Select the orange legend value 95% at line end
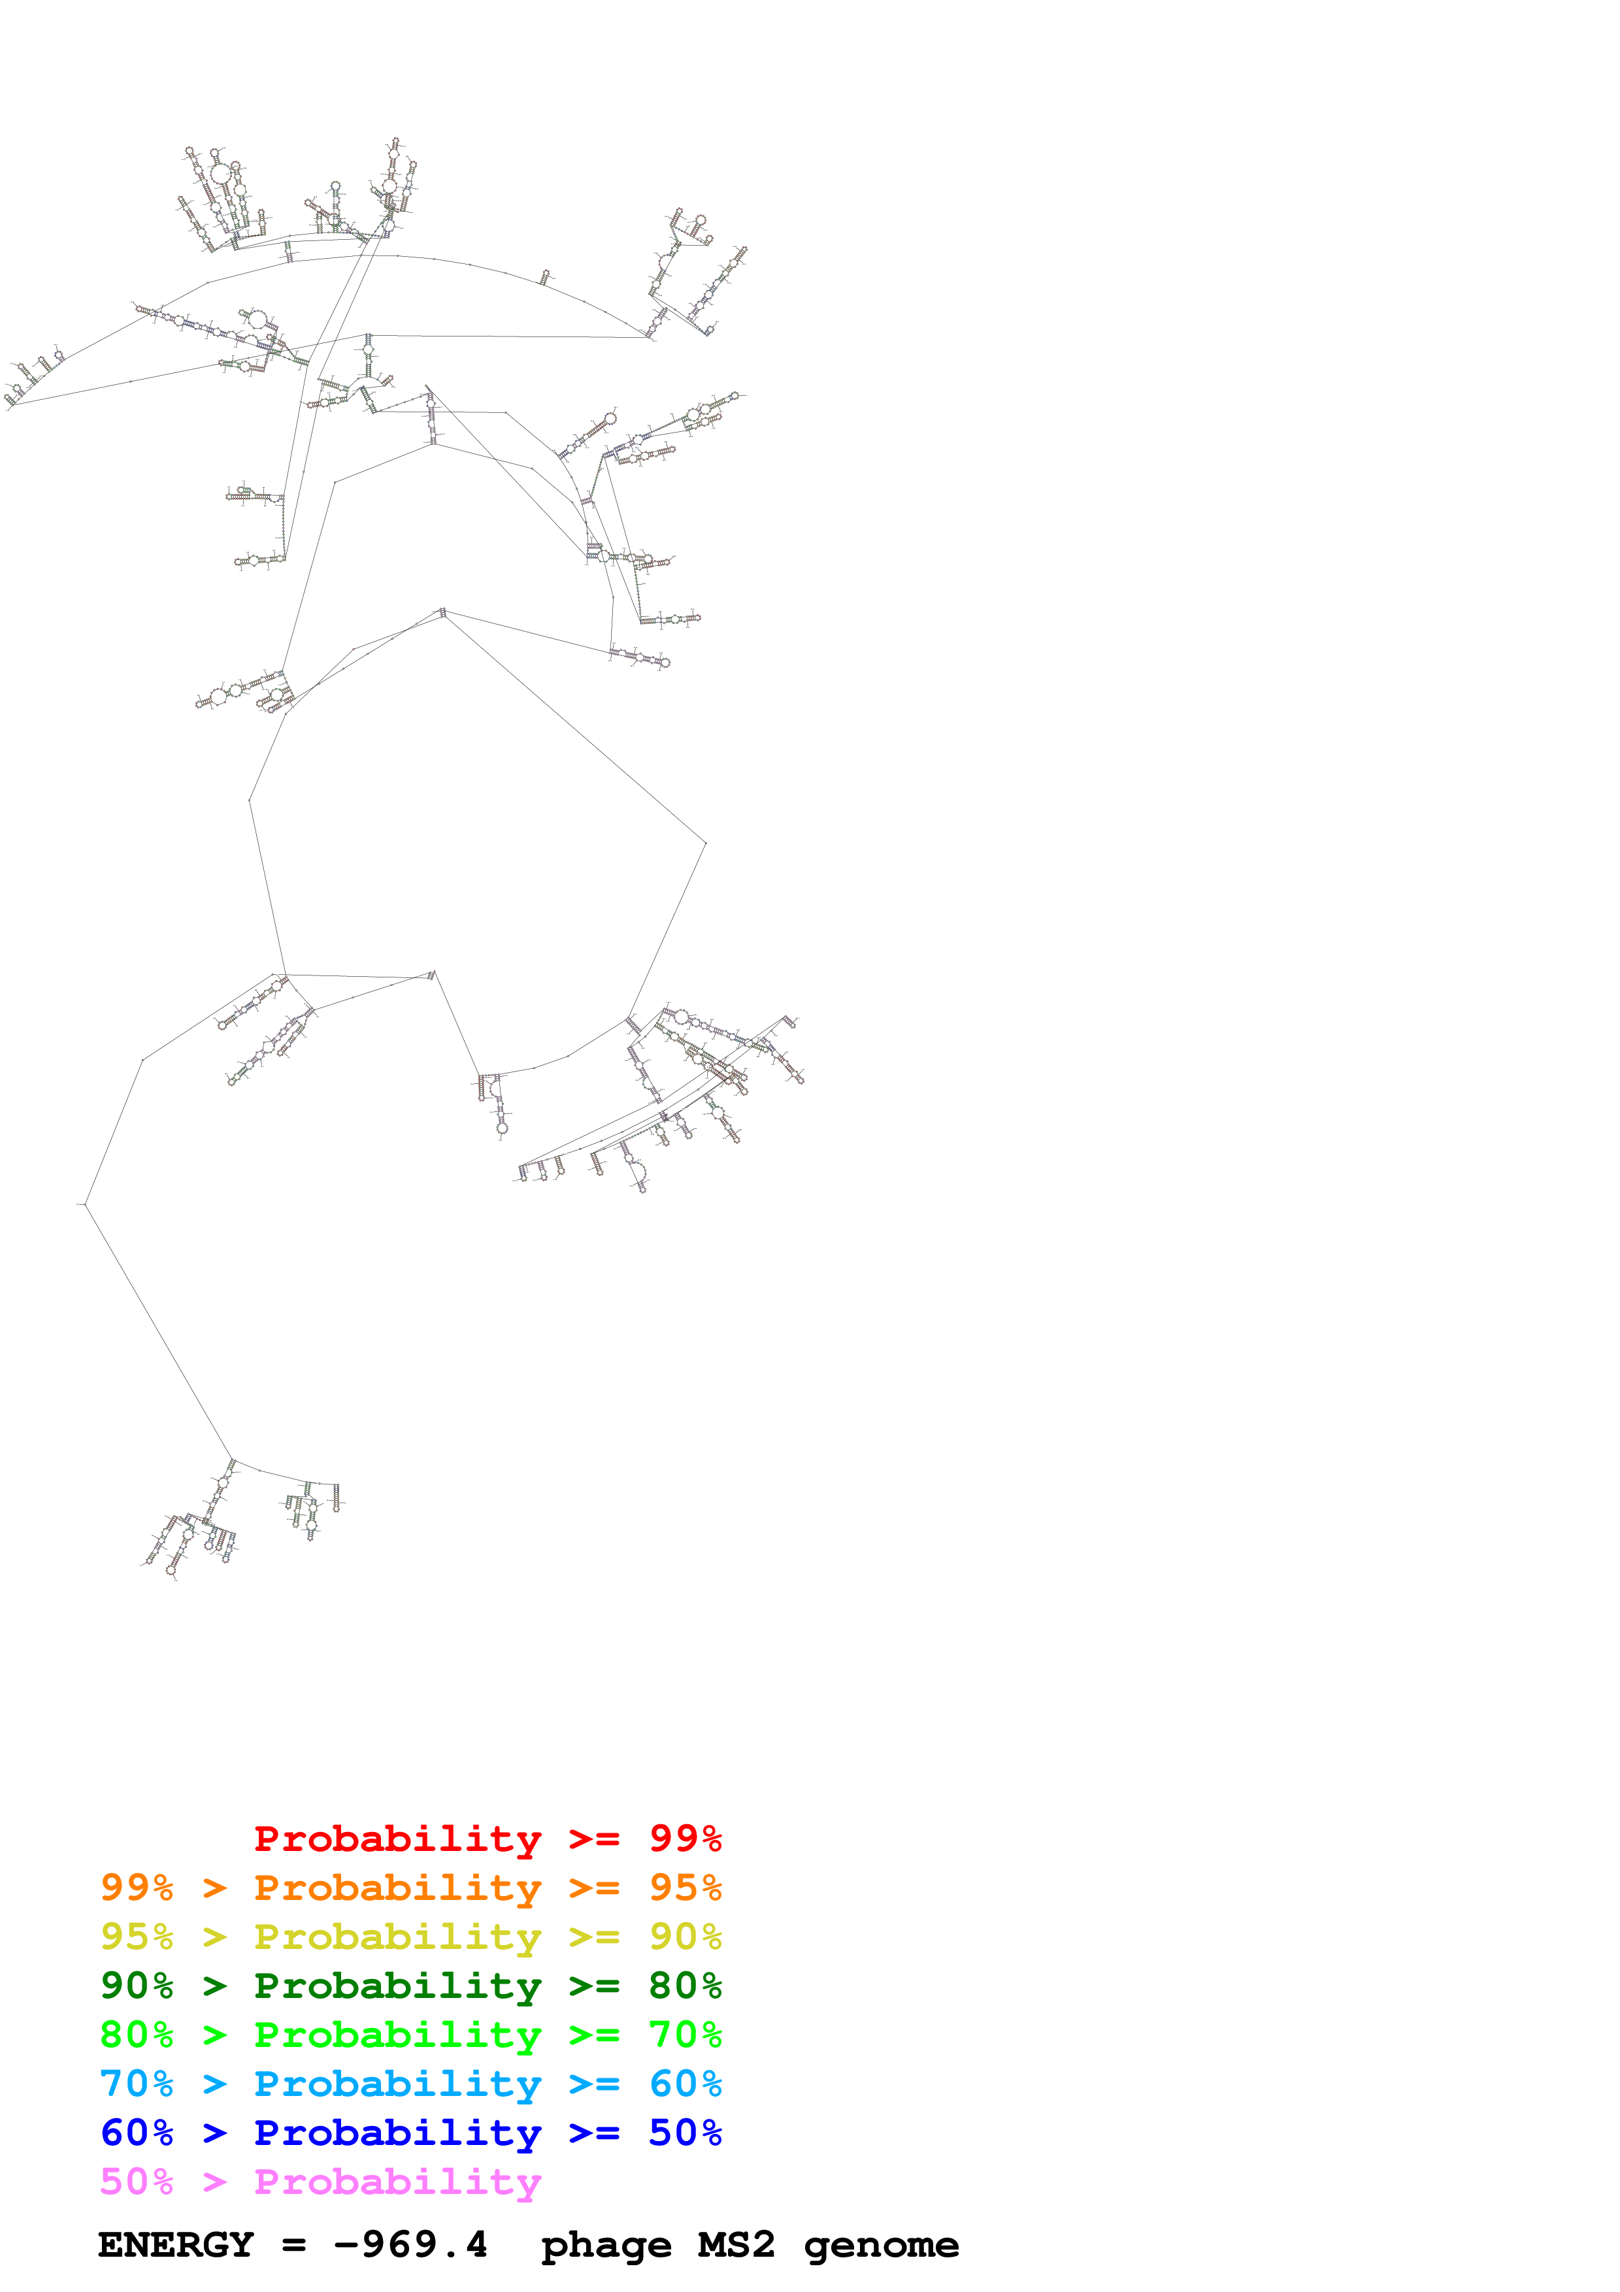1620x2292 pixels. click(x=685, y=1888)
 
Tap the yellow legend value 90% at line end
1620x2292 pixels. click(x=685, y=1937)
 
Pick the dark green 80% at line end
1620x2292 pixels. click(x=685, y=1986)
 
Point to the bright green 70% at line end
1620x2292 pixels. click(x=685, y=2035)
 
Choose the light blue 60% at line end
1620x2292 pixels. click(x=685, y=2084)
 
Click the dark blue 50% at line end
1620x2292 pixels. click(x=685, y=2133)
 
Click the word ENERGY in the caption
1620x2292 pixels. click(x=176, y=2245)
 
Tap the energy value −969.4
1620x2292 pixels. click(x=410, y=2245)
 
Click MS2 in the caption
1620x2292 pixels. click(x=736, y=2245)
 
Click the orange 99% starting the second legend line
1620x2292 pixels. click(x=137, y=1888)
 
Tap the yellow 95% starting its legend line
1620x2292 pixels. click(x=137, y=1937)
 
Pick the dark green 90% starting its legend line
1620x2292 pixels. click(x=137, y=1986)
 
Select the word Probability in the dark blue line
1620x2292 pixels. click(x=397, y=2133)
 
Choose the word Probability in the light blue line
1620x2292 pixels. click(x=397, y=2084)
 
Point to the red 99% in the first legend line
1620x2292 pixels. click(x=685, y=1839)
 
